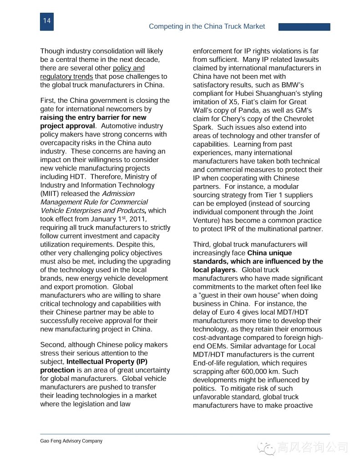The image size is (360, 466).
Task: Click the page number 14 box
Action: pyautogui.click(x=47, y=21)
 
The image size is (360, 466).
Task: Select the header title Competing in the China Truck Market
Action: pyautogui.click(x=207, y=26)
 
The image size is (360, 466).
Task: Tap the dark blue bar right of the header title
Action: pyautogui.click(x=304, y=27)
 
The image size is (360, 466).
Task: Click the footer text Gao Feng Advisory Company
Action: pyautogui.click(x=71, y=441)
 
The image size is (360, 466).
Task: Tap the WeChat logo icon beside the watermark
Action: pyautogui.click(x=266, y=448)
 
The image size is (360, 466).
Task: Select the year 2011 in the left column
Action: pyautogui.click(x=137, y=219)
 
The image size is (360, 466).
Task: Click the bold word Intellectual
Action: pyautogui.click(x=87, y=362)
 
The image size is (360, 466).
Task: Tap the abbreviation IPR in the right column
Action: pyautogui.click(x=228, y=229)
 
